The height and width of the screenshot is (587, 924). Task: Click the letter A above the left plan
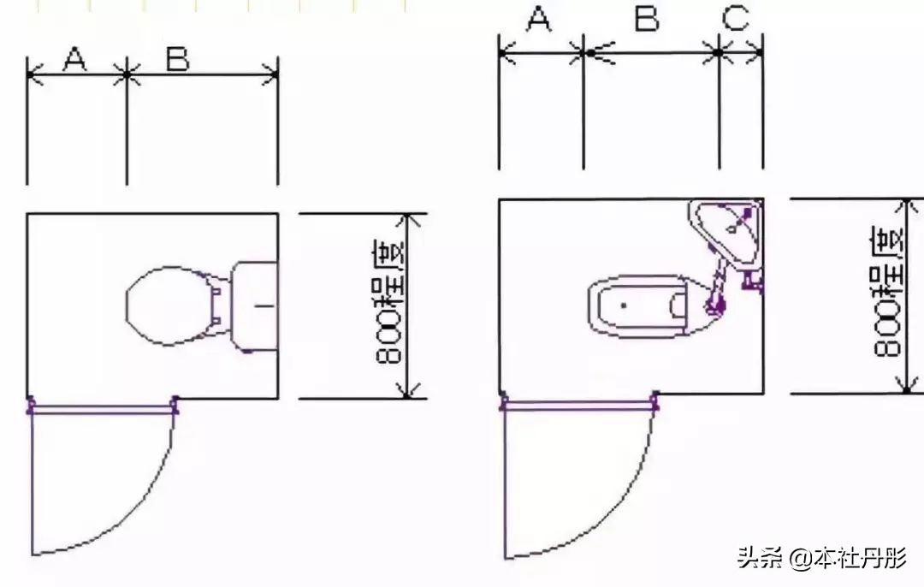75,59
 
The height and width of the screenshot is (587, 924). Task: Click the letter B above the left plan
178,59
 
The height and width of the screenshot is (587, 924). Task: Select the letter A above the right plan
538,19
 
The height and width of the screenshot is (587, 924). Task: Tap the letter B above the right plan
647,19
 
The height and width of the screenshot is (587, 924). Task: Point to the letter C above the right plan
736,19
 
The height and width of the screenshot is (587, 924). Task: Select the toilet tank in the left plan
256,305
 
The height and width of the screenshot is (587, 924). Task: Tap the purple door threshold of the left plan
103,409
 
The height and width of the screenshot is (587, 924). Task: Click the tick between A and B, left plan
127,75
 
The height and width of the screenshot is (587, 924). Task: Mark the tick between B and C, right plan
719,53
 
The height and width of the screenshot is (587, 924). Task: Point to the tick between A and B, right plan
588,53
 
